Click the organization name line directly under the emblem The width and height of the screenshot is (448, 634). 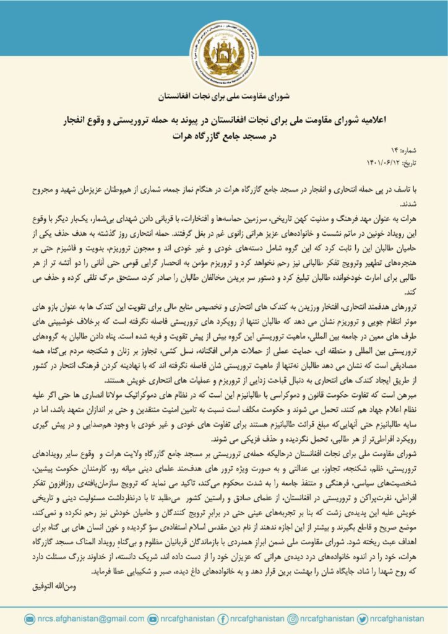[224, 98]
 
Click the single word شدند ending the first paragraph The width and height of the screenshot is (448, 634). [410, 203]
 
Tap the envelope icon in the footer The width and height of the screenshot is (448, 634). [30, 619]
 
